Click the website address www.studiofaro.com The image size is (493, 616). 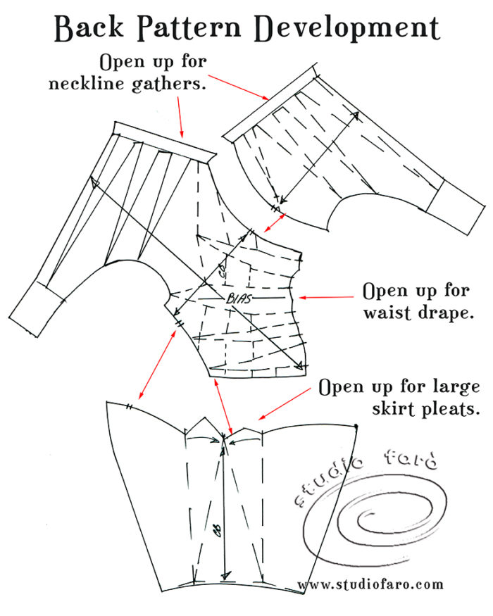coord(370,584)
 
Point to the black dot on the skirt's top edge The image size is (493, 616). coord(357,427)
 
